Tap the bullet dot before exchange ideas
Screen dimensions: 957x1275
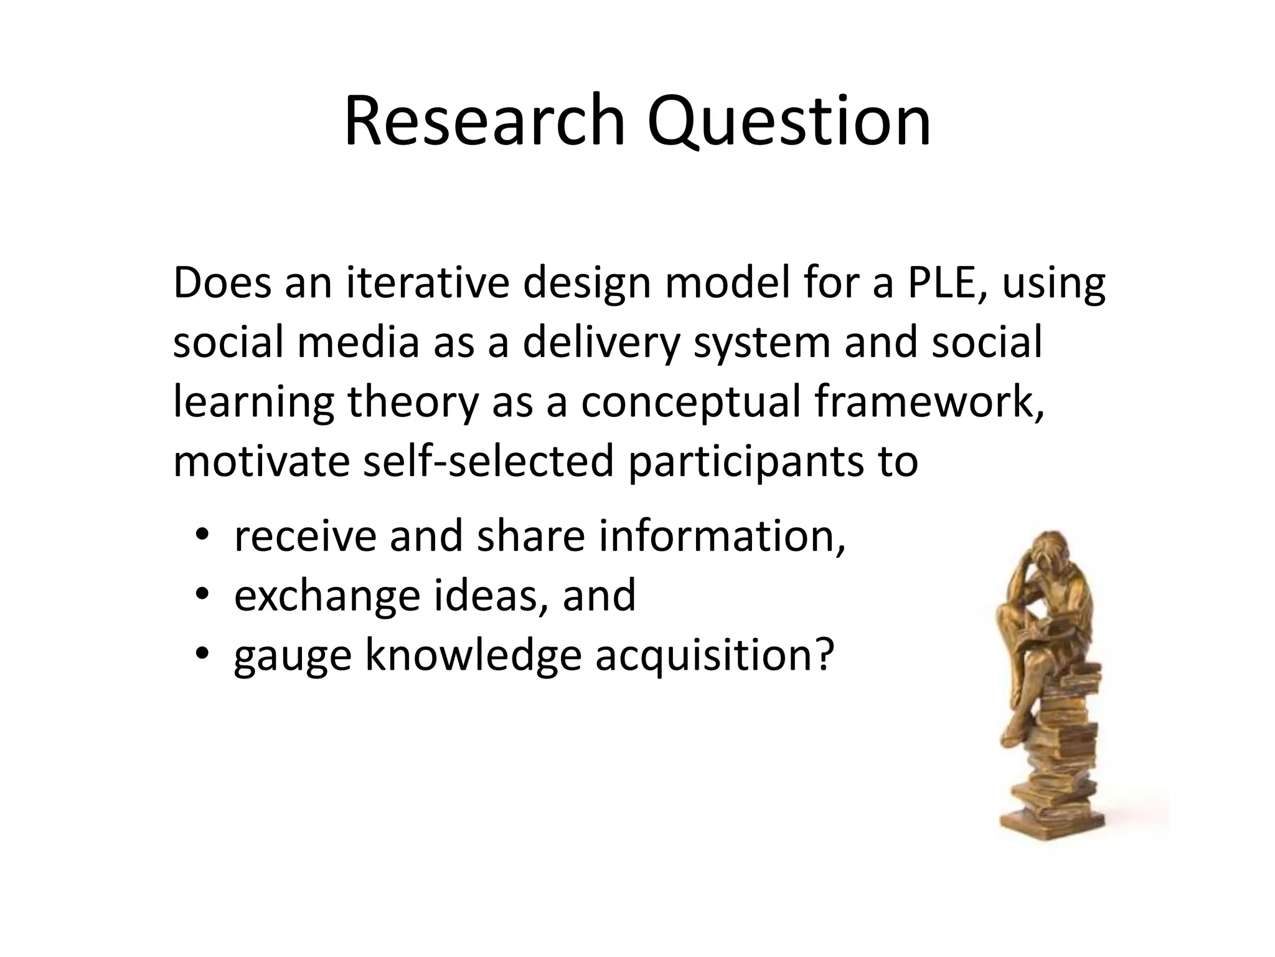(201, 595)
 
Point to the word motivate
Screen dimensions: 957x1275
(261, 461)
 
